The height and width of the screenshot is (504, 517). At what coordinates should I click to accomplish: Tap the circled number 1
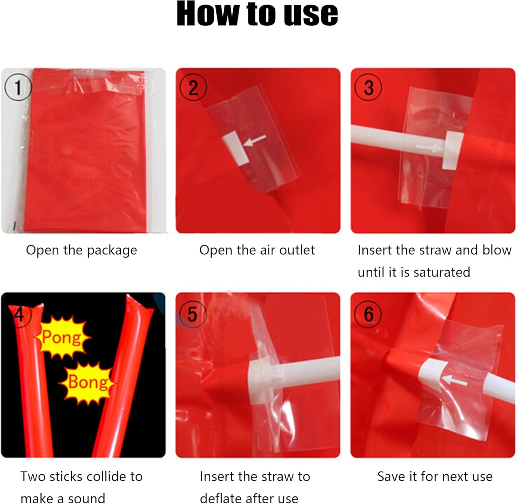(18, 87)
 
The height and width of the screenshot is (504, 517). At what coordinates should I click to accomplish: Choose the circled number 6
(368, 314)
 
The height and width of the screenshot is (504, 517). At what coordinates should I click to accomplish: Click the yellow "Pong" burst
(62, 337)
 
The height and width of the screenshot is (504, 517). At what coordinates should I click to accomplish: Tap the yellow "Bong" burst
(88, 382)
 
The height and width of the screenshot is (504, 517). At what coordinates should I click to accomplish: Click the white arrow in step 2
(255, 140)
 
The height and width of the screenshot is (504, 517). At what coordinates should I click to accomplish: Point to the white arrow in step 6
(454, 380)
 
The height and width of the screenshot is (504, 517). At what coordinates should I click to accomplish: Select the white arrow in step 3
(429, 148)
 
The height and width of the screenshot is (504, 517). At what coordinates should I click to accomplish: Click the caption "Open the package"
(82, 250)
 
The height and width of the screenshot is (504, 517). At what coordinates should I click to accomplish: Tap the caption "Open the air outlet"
(257, 250)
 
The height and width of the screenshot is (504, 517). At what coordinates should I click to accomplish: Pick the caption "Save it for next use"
(435, 476)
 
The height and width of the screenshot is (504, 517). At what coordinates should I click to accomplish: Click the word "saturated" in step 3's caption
(442, 272)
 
